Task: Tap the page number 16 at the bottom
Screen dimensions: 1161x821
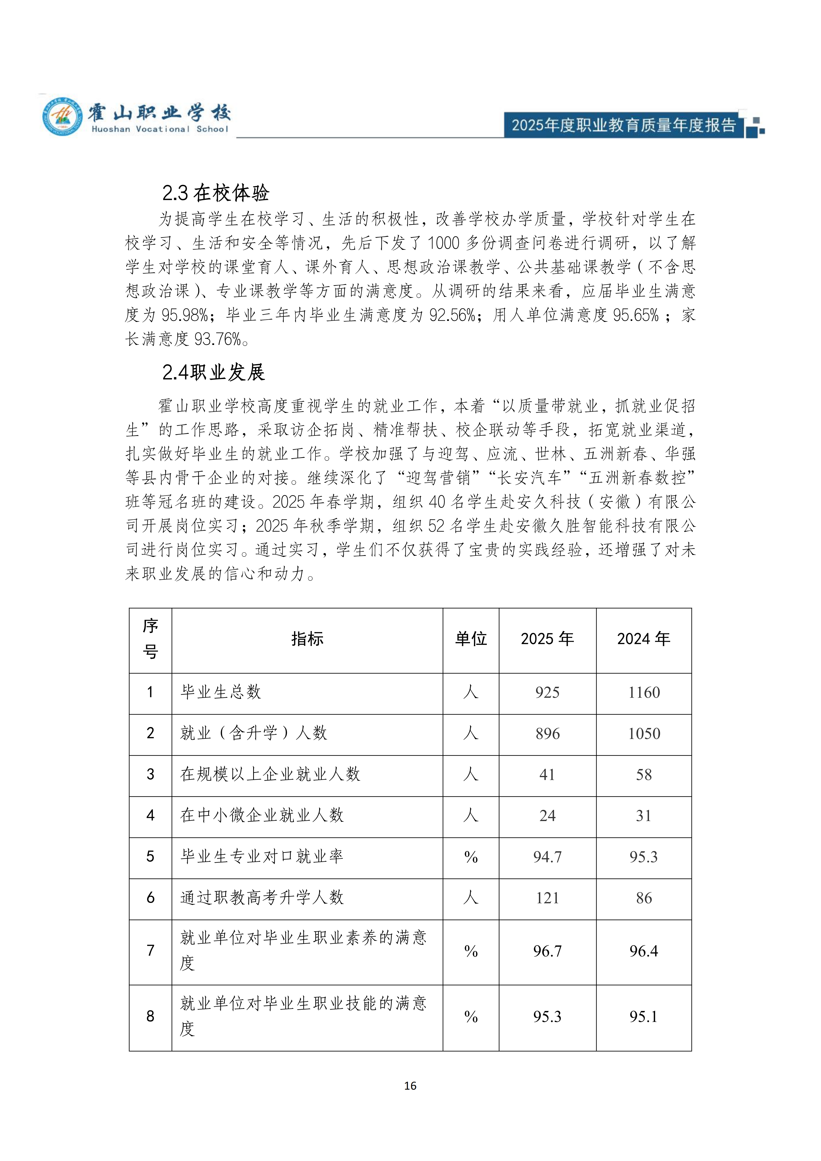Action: pos(410,1086)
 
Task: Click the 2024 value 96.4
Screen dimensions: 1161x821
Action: pos(644,951)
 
